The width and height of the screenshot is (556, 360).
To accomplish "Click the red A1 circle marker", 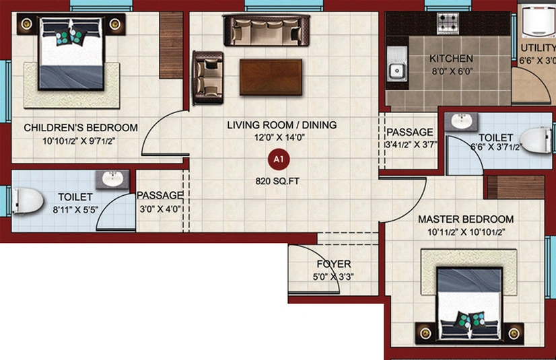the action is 279,159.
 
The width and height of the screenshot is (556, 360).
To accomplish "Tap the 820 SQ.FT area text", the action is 277,182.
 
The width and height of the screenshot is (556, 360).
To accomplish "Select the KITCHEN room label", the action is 451,59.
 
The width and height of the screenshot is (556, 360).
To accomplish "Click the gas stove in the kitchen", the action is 448,23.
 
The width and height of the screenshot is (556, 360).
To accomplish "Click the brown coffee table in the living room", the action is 271,77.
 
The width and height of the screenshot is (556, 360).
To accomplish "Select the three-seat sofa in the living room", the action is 267,30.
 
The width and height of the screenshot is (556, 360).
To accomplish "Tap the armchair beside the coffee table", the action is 208,77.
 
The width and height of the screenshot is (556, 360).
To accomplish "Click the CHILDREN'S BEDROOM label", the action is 81,128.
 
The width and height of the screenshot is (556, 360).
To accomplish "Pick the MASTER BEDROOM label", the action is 466,219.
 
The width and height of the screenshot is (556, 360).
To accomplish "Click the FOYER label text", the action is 334,264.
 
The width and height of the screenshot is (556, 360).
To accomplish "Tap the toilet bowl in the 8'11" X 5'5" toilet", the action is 28,201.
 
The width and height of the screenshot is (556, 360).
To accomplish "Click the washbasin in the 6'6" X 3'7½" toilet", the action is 461,121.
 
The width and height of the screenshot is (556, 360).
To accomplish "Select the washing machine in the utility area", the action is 538,20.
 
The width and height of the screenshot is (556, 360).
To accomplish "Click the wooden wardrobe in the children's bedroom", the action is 171,45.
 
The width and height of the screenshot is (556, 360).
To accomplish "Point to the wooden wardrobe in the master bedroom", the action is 516,187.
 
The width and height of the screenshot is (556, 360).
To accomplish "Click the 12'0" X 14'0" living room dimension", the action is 279,137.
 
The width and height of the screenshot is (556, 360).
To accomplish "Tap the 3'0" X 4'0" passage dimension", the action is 160,209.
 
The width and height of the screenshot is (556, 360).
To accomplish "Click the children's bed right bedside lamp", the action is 115,24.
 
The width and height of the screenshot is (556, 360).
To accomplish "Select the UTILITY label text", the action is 538,48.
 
